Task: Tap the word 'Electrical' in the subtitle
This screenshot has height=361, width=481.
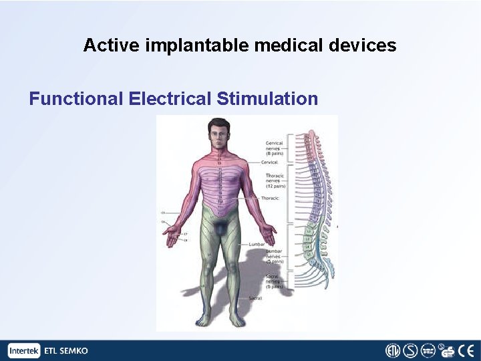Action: pyautogui.click(x=170, y=99)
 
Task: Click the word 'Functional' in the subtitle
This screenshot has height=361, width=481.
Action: pyautogui.click(x=75, y=99)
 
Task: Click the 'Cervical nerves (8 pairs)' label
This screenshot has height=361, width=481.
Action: pyautogui.click(x=275, y=148)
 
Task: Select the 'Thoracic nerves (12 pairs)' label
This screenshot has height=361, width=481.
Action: pyautogui.click(x=275, y=180)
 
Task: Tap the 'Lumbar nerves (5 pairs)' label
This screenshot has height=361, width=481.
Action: pyautogui.click(x=274, y=256)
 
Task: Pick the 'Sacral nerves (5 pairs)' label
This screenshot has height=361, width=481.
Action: pyautogui.click(x=274, y=281)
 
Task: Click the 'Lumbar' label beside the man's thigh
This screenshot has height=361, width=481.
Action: pyautogui.click(x=257, y=245)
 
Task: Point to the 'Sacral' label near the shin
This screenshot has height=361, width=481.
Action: pyautogui.click(x=255, y=297)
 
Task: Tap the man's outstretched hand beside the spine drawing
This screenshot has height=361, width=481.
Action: pyautogui.click(x=269, y=233)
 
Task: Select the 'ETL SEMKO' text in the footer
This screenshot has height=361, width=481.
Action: pyautogui.click(x=65, y=351)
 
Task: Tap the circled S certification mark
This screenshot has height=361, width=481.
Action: pyautogui.click(x=410, y=351)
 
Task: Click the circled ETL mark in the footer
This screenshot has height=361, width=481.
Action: pyautogui.click(x=392, y=351)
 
